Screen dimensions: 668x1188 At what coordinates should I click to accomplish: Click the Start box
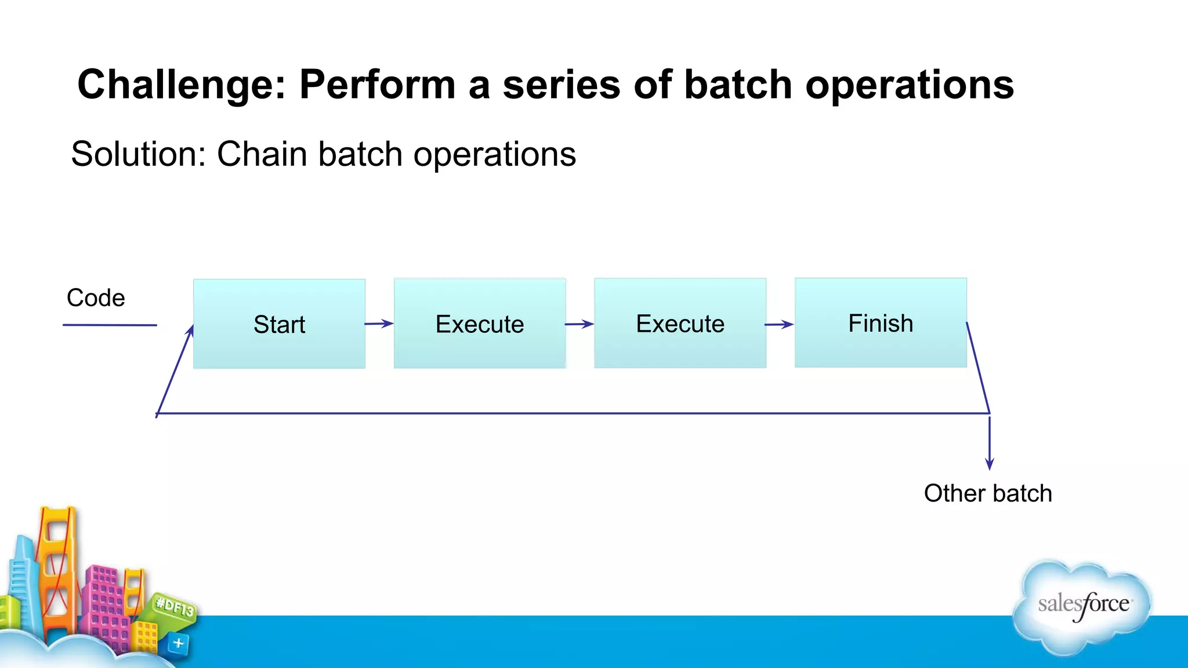279,324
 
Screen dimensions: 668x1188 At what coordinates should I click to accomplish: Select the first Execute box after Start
480,323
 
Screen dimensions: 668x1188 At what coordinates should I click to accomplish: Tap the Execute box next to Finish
680,323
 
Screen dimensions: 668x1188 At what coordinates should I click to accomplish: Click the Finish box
881,322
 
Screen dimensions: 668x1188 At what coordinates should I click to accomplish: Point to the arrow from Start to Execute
379,324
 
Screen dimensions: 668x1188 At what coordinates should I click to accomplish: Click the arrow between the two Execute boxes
579,324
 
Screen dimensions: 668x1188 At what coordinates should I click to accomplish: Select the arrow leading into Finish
780,325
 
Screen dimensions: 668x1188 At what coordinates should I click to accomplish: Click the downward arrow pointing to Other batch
990,444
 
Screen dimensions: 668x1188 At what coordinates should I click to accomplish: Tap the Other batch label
987,493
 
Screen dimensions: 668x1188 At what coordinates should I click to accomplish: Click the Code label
96,298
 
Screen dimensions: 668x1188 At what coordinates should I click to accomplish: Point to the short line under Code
110,325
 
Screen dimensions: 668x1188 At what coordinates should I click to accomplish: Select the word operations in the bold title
909,85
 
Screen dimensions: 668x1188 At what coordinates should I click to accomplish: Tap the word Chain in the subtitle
261,154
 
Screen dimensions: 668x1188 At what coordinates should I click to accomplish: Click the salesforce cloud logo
1082,606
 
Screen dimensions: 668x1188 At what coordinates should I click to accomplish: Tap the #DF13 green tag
175,608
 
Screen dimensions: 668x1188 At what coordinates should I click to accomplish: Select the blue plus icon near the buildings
179,643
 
